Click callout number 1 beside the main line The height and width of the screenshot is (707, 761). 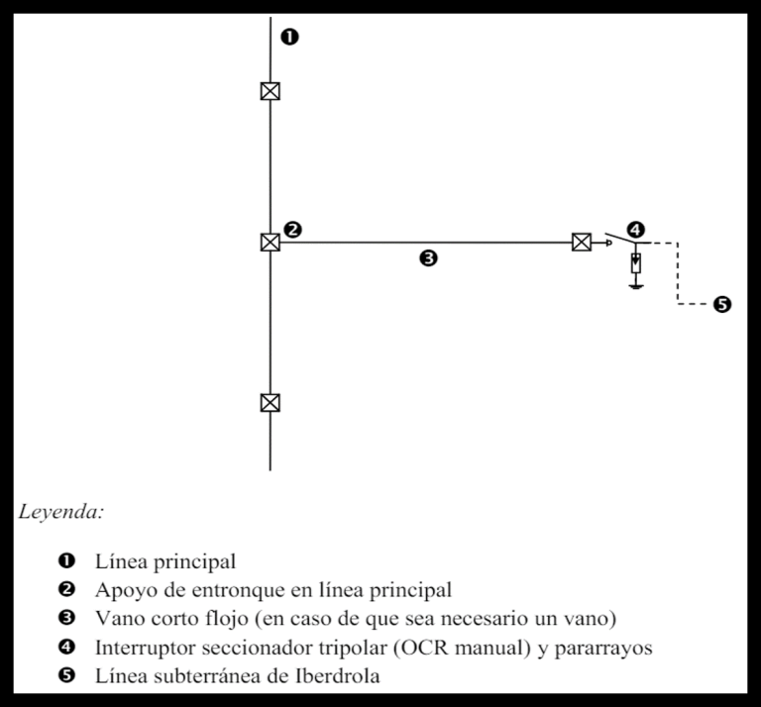coord(289,37)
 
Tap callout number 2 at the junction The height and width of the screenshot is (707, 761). coord(292,230)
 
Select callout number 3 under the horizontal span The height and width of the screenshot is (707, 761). coord(428,258)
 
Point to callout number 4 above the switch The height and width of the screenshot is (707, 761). coord(636,230)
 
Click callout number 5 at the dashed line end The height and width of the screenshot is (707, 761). coord(722,305)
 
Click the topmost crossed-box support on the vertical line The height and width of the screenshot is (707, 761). coord(271,91)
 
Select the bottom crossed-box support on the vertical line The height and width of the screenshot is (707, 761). coord(271,402)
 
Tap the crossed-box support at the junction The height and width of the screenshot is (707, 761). coord(271,242)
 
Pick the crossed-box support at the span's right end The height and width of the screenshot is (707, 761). coord(582,242)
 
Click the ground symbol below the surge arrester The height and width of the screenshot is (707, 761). coord(636,286)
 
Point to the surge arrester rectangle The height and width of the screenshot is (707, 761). coord(636,262)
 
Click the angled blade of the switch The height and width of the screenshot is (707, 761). coord(620,238)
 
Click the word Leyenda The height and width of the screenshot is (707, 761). coord(61,512)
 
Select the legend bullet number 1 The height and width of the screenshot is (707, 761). coord(66,561)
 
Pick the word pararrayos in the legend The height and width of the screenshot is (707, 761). coord(603,648)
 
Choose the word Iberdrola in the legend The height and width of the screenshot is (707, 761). coord(337,675)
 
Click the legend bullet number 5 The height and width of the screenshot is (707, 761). coord(66,675)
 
